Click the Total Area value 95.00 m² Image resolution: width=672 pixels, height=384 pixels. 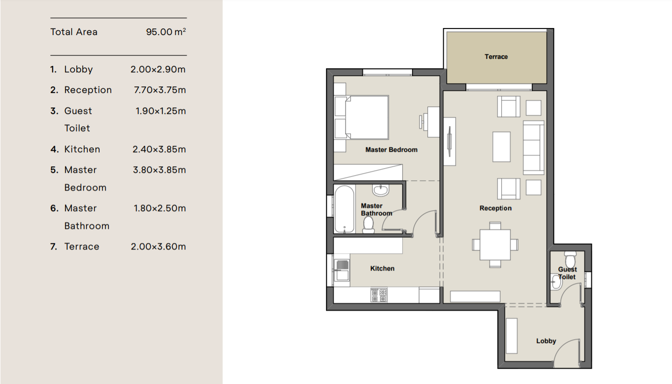coord(166,32)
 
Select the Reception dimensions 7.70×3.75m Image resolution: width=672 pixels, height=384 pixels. coord(160,90)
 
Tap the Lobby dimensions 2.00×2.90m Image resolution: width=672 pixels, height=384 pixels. coord(158,70)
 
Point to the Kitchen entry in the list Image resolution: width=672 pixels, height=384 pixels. coord(82,149)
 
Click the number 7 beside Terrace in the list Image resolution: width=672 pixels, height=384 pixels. coord(53,246)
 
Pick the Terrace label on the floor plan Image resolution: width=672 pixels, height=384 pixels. coord(496,57)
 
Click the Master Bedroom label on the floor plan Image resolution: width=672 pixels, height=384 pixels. coord(391,149)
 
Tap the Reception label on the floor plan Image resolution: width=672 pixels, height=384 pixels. coord(495,208)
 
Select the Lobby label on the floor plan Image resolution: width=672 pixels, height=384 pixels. coord(546,341)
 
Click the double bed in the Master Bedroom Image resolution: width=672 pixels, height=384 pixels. coord(362,117)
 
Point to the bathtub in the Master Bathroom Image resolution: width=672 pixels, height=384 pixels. coord(344,209)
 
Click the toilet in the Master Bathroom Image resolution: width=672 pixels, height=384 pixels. coord(369,225)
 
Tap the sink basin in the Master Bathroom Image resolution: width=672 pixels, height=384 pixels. coord(381,190)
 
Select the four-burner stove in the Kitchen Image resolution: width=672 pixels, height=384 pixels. coord(379,295)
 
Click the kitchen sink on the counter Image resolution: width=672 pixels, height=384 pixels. coord(342,270)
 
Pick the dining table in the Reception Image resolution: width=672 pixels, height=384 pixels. coord(495,245)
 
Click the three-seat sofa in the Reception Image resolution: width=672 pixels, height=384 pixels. coord(534,148)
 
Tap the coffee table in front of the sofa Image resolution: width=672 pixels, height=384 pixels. coord(501,147)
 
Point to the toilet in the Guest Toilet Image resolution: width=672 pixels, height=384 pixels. coord(570,259)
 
